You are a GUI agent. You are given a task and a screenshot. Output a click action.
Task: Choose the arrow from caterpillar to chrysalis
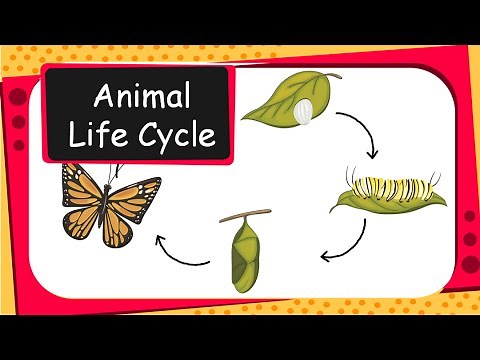[345, 242]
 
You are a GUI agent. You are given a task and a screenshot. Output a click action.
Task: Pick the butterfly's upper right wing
[137, 190]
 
